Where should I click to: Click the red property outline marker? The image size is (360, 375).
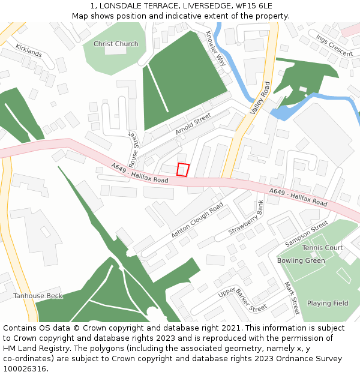[183, 170]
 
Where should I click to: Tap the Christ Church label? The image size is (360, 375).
[116, 44]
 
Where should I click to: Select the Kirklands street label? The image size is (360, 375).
[29, 50]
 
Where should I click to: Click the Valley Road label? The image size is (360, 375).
[261, 98]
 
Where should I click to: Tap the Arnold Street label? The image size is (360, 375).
[193, 123]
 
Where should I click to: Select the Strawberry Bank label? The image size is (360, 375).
[247, 217]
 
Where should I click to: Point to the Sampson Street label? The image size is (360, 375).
[307, 233]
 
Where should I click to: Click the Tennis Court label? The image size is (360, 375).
[322, 248]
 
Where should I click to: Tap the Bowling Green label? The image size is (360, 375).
[301, 261]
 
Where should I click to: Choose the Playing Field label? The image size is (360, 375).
[328, 304]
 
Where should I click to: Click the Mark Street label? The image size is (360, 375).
[292, 298]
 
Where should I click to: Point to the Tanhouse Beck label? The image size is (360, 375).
[38, 296]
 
